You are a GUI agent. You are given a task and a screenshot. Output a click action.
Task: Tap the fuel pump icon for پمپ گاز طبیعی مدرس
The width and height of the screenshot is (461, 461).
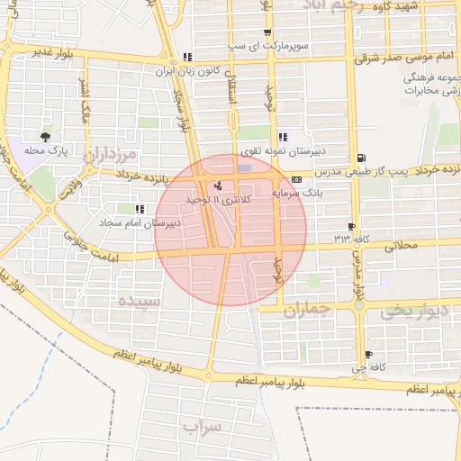pos(361,157)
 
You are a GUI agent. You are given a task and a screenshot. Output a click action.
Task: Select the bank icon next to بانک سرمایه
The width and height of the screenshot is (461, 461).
pos(297,178)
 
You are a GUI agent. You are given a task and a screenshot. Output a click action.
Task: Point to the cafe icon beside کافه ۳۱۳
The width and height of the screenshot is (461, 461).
pos(351,226)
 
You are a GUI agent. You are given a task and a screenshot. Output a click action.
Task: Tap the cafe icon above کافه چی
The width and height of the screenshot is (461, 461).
pos(368,355)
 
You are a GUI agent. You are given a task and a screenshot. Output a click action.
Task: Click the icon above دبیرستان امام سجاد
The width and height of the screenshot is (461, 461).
pos(138,209)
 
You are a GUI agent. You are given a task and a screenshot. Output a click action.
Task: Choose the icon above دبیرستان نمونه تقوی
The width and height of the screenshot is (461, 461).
pos(283,138)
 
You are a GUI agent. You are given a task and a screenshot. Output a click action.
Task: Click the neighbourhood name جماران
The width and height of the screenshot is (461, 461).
pos(308,312)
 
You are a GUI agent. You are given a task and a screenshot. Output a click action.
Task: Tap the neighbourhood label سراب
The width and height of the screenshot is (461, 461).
pos(201,425)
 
